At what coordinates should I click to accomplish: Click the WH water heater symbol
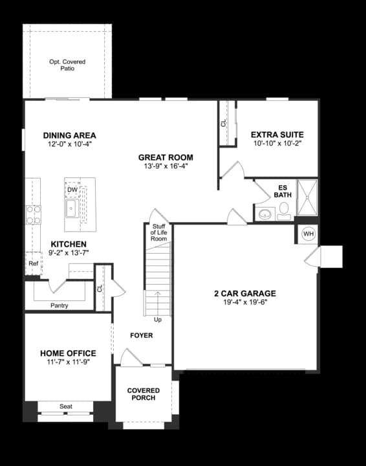308,234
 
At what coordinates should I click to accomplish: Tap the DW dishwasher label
72,190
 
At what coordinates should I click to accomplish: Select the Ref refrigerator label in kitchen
33,263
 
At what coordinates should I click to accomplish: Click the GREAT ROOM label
166,157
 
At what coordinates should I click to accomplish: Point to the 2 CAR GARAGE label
245,293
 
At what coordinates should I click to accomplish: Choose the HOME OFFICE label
68,353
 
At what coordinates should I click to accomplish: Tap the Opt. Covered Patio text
67,65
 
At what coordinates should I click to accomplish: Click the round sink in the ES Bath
264,213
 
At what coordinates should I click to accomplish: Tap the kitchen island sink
71,208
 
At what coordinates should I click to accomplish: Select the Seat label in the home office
65,406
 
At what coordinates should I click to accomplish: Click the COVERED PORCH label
141,394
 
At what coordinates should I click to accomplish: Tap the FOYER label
142,335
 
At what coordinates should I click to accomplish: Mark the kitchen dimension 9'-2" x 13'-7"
69,252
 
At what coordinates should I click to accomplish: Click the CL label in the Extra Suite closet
224,122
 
